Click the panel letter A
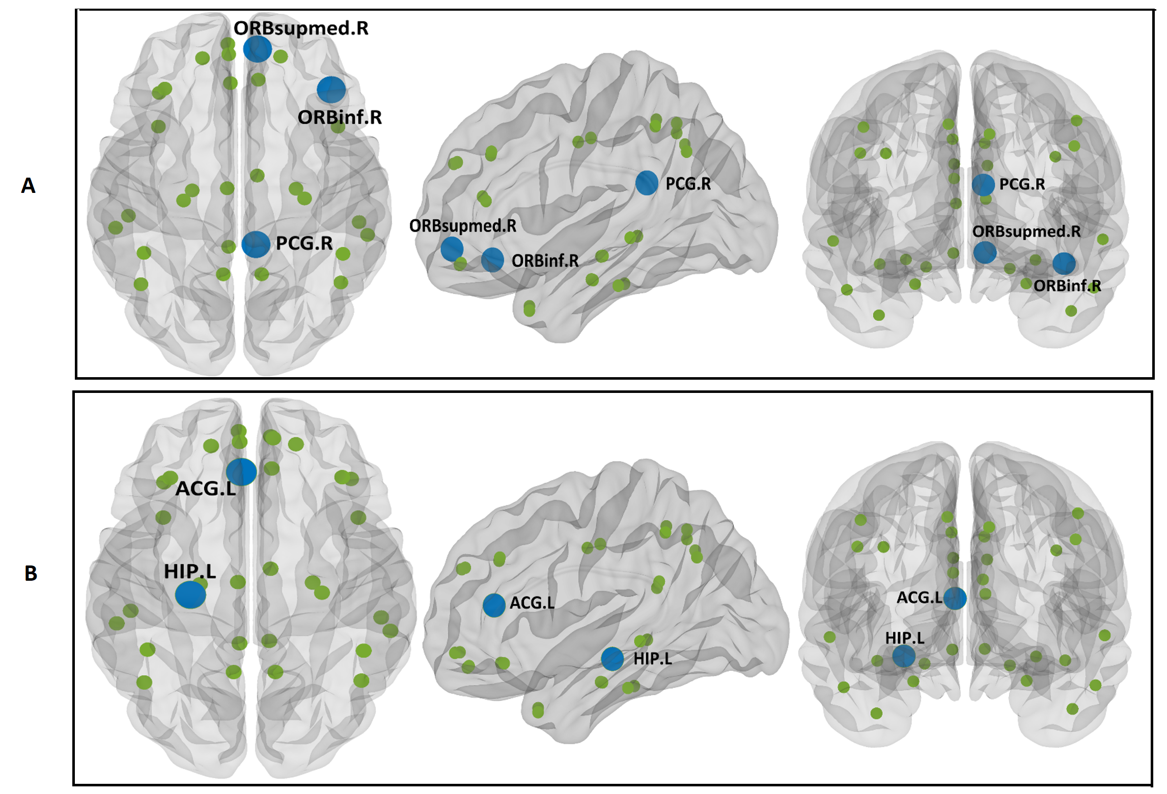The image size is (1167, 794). point(28,185)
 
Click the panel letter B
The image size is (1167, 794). point(31,573)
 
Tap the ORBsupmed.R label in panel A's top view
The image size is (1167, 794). point(301,28)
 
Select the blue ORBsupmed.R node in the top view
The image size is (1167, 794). point(257,49)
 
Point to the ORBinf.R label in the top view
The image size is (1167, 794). point(340,118)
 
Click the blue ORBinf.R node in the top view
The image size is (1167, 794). point(331,90)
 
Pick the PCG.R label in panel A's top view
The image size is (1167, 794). point(304,243)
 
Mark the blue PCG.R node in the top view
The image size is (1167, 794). point(256,244)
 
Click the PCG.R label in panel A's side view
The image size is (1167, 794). point(688,184)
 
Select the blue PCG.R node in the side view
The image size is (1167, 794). point(647,183)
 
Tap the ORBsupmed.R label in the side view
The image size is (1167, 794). point(462,225)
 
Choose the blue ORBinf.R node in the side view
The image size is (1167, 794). point(492,260)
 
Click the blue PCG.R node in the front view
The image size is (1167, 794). point(983,185)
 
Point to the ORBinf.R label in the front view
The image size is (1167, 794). point(1067,286)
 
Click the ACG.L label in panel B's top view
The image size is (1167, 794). point(205,489)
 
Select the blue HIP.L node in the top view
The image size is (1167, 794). point(190,594)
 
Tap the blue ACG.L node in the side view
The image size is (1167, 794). point(493,605)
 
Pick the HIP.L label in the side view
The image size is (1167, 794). point(652,659)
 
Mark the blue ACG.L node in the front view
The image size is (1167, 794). point(955,598)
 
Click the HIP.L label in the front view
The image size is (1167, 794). point(904,638)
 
